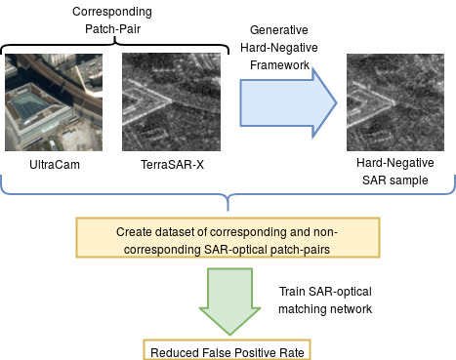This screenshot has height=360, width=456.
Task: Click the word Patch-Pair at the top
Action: click(x=112, y=31)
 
